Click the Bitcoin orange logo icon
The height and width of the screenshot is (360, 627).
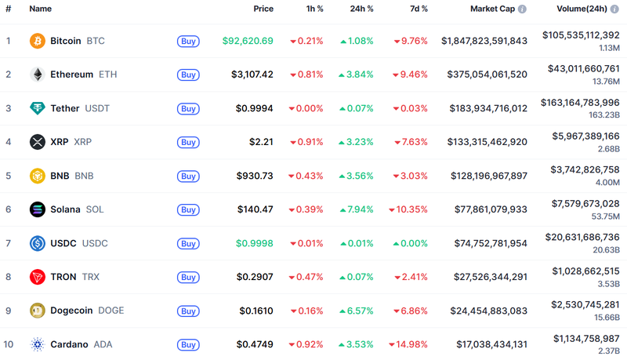point(37,41)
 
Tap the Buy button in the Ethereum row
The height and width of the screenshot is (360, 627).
point(188,75)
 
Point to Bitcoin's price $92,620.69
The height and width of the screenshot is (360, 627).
point(248,41)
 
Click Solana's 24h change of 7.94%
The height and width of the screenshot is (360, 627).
point(356,209)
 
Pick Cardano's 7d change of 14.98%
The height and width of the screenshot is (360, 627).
point(411,344)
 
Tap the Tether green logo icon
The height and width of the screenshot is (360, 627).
point(37,108)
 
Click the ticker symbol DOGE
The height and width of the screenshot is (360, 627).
point(111,311)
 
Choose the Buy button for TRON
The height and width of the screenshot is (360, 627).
point(188,277)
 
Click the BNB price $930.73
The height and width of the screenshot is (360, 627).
point(255,176)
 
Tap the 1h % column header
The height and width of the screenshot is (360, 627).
point(314,9)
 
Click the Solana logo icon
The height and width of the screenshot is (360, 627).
point(37,209)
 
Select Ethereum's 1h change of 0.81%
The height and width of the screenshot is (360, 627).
point(306,75)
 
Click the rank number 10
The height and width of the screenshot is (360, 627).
point(9,344)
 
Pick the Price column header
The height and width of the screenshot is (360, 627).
point(263,9)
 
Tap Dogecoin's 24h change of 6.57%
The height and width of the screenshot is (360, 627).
point(356,311)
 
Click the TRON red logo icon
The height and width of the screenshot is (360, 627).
point(37,277)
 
